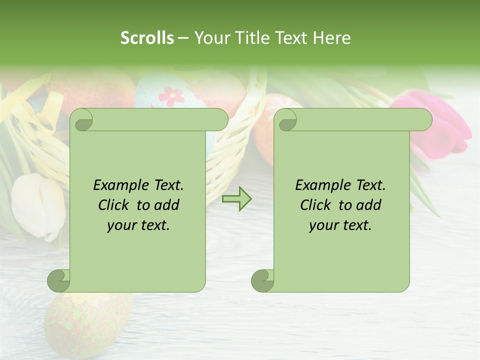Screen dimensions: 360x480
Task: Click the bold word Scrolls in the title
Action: (147, 38)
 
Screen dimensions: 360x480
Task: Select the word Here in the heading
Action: (332, 38)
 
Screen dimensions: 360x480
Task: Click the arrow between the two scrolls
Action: (236, 198)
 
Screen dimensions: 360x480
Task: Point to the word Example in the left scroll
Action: (121, 185)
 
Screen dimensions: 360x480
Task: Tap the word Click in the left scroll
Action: (114, 205)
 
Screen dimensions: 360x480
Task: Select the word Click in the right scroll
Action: (316, 205)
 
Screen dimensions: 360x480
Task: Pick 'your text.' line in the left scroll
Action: (138, 225)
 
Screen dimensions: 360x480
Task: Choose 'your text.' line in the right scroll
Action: (340, 225)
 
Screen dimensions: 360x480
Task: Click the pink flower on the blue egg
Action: (171, 95)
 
